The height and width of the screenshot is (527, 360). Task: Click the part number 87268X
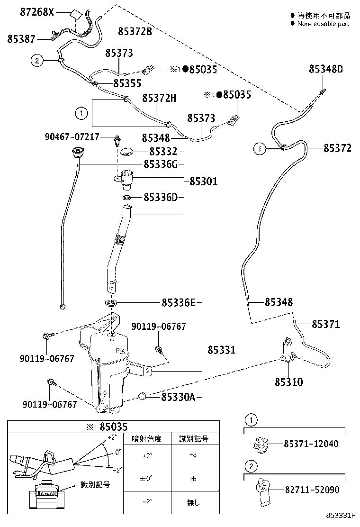(37, 12)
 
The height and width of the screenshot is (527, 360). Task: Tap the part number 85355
(127, 83)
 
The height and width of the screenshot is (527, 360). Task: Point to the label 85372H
(159, 98)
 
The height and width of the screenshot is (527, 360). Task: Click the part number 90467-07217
(72, 137)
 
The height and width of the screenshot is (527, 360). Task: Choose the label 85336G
(161, 164)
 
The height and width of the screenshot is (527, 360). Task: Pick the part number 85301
(204, 181)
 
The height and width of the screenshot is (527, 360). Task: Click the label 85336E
(178, 302)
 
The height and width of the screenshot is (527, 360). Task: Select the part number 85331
(221, 350)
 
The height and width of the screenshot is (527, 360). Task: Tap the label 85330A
(178, 396)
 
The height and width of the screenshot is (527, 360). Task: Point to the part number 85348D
(325, 69)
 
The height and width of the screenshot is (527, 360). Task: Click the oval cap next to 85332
(127, 152)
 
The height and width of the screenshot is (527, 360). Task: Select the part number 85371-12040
(311, 444)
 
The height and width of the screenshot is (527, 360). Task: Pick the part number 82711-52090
(311, 490)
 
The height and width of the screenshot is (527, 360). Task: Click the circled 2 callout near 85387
(37, 60)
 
